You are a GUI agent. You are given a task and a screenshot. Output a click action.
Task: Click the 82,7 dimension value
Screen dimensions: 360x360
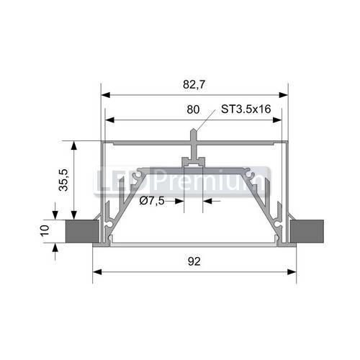click(194, 84)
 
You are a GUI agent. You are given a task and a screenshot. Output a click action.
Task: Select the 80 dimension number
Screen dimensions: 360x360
click(193, 110)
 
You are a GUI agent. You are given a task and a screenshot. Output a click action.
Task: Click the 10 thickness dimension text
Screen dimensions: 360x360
click(44, 231)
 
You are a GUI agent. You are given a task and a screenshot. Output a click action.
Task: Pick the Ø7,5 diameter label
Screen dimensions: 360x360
click(152, 201)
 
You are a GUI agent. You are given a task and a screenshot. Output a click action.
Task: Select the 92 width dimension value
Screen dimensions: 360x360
click(194, 261)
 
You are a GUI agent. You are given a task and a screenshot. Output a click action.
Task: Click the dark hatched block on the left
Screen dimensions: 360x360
click(79, 231)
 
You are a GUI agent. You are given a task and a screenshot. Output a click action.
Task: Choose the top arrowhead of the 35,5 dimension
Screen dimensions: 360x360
click(73, 145)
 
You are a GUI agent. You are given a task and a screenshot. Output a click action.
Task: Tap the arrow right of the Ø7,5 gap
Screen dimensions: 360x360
click(207, 201)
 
